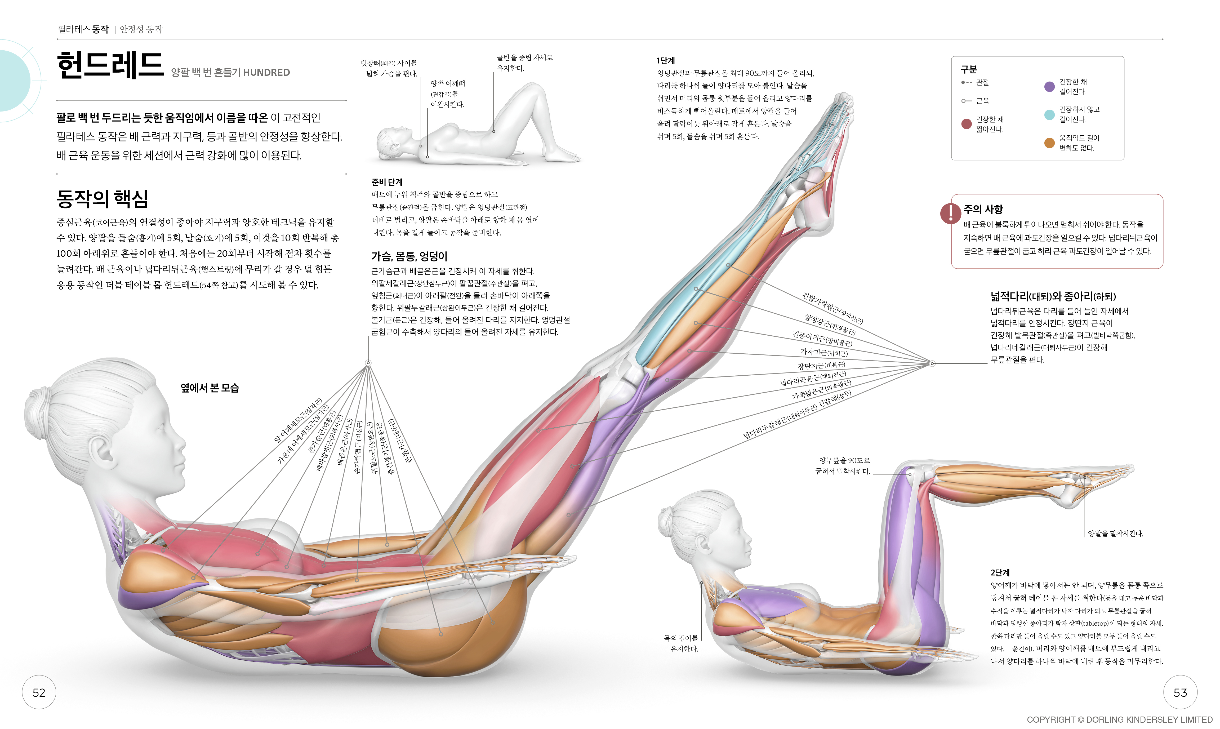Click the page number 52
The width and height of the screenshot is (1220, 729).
(x=39, y=693)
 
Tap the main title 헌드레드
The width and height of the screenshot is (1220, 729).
(x=110, y=65)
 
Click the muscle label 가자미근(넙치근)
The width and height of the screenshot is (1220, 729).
(x=824, y=353)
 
